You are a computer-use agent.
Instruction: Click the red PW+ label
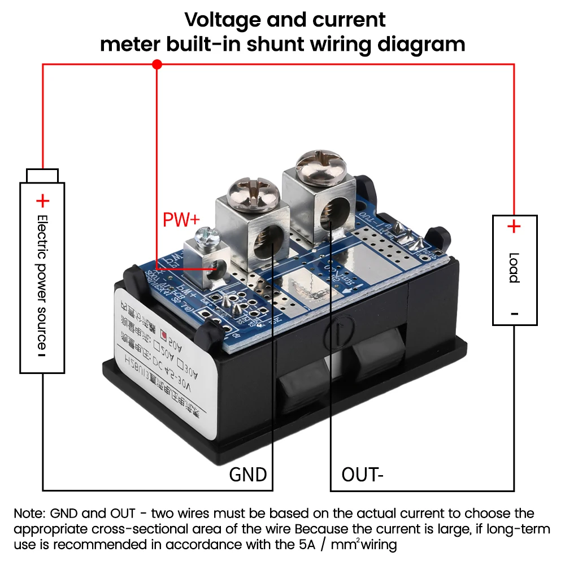181,219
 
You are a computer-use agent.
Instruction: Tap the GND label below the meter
247,473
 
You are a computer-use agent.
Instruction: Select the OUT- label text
362,473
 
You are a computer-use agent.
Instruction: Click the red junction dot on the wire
157,65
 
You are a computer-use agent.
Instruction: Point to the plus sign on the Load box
513,227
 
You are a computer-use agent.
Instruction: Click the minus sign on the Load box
514,314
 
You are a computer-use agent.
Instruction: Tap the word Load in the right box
514,268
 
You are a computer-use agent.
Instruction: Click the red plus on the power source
42,201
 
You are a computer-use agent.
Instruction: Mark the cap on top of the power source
42,175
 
